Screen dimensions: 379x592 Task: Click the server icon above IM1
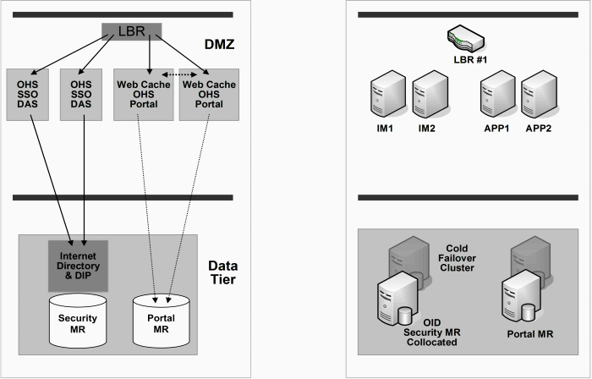(386, 95)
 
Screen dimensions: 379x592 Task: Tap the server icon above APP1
(496, 95)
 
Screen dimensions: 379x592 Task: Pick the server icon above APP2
(539, 95)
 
